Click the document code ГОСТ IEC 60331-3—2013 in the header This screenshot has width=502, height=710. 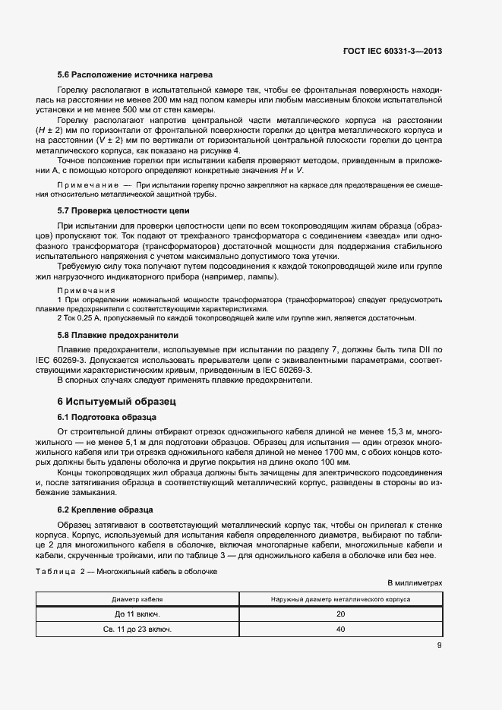390,51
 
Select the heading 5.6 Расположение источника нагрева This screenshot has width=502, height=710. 135,74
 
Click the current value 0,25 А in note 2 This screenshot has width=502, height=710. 87,317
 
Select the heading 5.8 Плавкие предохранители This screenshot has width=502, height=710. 118,334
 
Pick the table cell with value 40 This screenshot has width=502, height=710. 340,630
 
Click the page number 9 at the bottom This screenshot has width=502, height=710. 439,646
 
